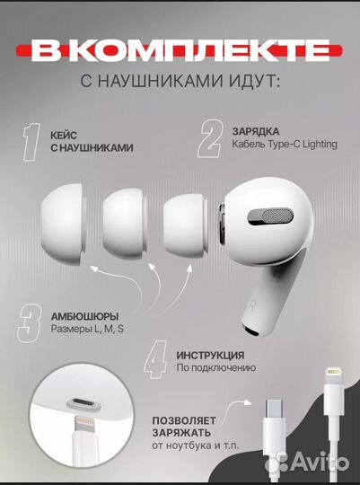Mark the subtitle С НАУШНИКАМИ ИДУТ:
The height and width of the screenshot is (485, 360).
tap(180, 84)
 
